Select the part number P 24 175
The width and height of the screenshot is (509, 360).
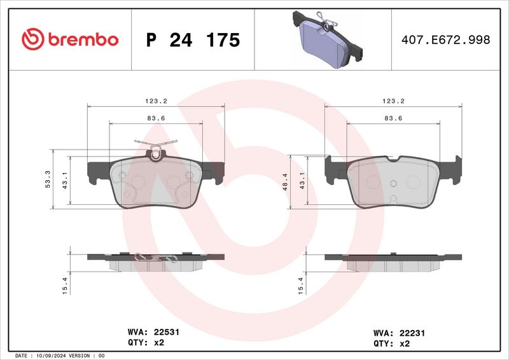click(x=193, y=40)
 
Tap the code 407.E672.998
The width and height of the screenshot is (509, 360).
click(x=445, y=40)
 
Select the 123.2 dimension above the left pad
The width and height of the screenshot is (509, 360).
click(x=155, y=100)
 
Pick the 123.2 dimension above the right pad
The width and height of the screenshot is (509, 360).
click(x=393, y=100)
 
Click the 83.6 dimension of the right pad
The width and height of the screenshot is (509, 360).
click(x=393, y=118)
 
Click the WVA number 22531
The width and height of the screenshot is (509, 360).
click(x=165, y=331)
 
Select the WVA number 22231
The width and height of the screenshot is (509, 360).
click(x=405, y=332)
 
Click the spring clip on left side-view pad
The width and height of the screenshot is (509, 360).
click(x=156, y=259)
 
